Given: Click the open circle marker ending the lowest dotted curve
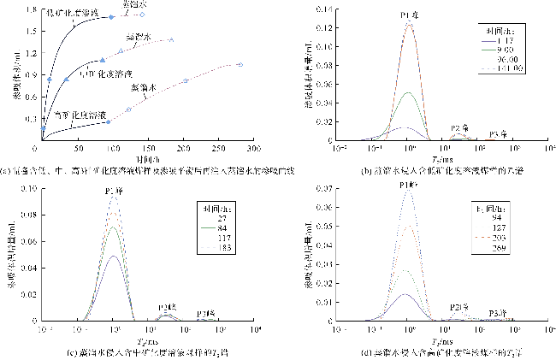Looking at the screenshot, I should click(240, 64).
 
